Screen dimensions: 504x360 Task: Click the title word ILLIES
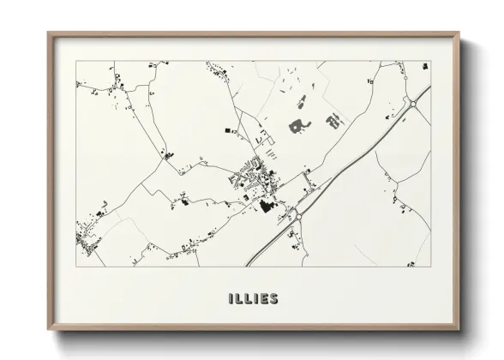tap(254, 299)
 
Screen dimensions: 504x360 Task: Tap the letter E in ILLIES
tap(261, 299)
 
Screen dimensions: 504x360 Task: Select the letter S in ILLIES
tap(273, 299)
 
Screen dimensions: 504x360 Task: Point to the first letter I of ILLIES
tap(231, 299)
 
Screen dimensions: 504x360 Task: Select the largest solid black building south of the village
tap(266, 205)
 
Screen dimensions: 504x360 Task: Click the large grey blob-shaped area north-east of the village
tap(297, 127)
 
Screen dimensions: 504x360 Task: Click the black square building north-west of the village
tap(228, 130)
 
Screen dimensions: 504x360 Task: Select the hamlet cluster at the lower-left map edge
tap(87, 237)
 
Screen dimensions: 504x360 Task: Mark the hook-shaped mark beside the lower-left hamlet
tap(102, 208)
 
